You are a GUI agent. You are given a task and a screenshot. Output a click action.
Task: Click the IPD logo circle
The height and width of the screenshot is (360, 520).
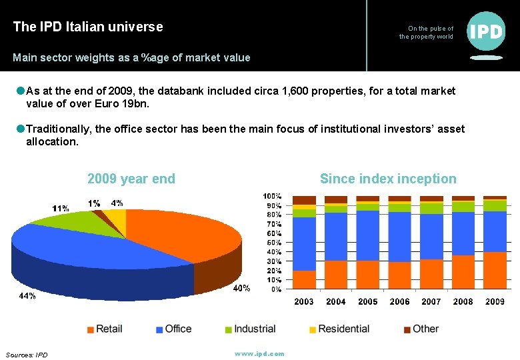pyautogui.click(x=487, y=31)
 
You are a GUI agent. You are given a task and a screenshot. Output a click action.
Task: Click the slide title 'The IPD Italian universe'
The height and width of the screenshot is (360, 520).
pyautogui.click(x=87, y=27)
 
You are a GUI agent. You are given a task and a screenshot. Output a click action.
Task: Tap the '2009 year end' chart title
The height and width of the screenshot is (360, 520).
pyautogui.click(x=131, y=179)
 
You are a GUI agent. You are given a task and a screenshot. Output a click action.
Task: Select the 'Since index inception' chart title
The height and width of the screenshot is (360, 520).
pyautogui.click(x=388, y=179)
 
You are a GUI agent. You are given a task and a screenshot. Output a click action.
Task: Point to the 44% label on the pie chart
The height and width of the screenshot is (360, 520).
pyautogui.click(x=27, y=295)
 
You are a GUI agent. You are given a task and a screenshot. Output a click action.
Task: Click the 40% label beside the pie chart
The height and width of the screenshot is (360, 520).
pyautogui.click(x=241, y=288)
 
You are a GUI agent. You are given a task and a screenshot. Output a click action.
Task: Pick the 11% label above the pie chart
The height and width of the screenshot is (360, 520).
pyautogui.click(x=61, y=209)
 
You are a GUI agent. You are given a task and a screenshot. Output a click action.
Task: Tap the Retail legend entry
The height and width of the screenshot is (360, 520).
pyautogui.click(x=105, y=329)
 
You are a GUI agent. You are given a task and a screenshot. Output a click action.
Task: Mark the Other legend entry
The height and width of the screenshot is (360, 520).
pyautogui.click(x=421, y=329)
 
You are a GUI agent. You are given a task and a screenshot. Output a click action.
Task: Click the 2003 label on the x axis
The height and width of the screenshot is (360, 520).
pyautogui.click(x=304, y=302)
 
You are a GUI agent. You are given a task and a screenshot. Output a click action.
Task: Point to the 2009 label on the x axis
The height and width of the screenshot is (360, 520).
pyautogui.click(x=495, y=302)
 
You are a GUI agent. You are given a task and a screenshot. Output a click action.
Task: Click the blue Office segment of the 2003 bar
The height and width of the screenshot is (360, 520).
pyautogui.click(x=304, y=243)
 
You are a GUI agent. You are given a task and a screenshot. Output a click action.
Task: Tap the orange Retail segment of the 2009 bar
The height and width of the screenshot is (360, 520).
pyautogui.click(x=495, y=271)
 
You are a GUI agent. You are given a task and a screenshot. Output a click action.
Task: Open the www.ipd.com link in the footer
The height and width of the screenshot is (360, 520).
pyautogui.click(x=259, y=353)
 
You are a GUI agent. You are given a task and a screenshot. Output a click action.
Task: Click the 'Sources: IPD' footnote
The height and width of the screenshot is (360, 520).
pyautogui.click(x=27, y=355)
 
